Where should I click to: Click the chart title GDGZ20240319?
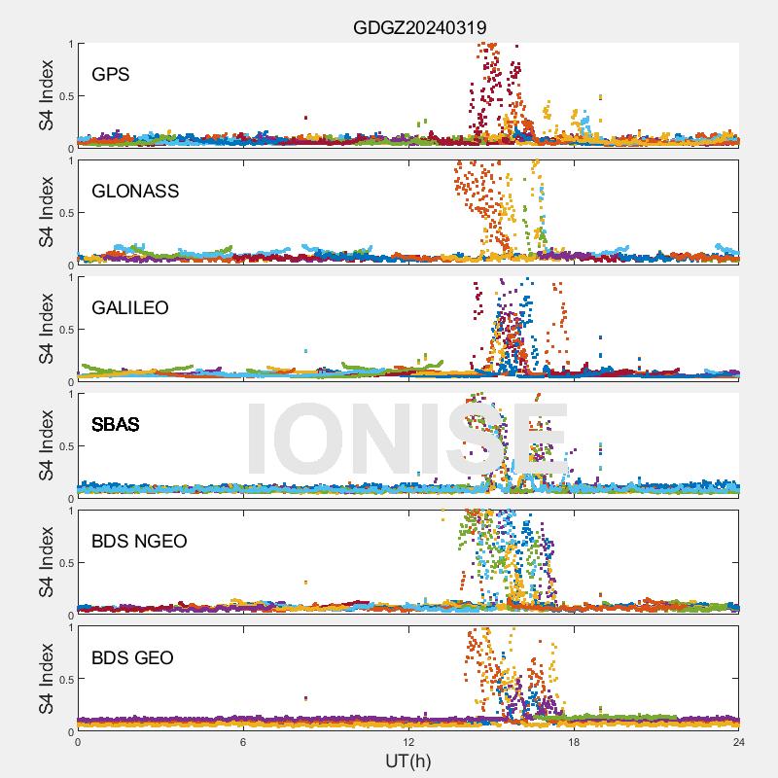pyautogui.click(x=419, y=27)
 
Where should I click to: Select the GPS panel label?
pyautogui.click(x=111, y=74)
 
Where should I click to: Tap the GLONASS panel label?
pyautogui.click(x=135, y=191)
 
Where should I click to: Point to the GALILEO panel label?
pyautogui.click(x=130, y=307)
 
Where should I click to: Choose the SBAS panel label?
pyautogui.click(x=115, y=424)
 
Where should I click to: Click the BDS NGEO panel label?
pyautogui.click(x=139, y=541)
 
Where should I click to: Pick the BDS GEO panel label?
pyautogui.click(x=132, y=657)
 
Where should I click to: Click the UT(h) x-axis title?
pyautogui.click(x=407, y=760)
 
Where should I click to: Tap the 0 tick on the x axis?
pyautogui.click(x=78, y=742)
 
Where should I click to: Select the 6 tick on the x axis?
pyautogui.click(x=243, y=742)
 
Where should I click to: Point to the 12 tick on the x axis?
pyautogui.click(x=408, y=742)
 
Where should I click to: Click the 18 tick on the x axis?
pyautogui.click(x=574, y=742)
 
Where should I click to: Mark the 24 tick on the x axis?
pyautogui.click(x=739, y=742)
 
